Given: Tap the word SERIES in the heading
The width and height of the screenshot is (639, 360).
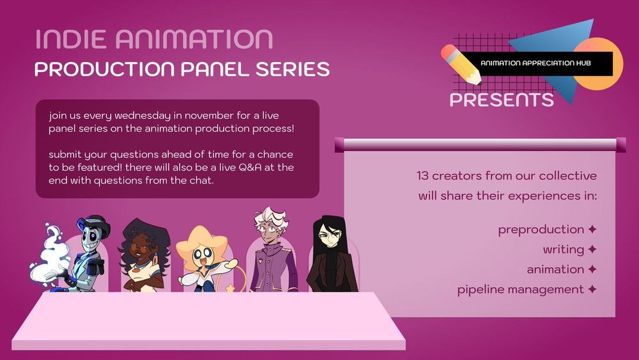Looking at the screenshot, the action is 293,69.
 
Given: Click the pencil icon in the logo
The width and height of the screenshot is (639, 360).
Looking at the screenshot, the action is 461,65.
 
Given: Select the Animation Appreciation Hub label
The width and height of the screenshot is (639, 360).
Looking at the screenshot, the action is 535,63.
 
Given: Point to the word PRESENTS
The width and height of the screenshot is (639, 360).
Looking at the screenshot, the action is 502,100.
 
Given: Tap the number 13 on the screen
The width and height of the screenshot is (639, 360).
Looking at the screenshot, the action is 422,176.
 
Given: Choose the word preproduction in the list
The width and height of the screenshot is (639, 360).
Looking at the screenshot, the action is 541,230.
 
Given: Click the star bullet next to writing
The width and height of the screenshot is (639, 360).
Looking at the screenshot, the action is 592,249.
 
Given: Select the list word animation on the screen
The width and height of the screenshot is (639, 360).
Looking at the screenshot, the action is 555,269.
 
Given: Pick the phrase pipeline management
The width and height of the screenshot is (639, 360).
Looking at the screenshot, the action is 520,290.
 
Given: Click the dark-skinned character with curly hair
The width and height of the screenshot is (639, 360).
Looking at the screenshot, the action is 143,255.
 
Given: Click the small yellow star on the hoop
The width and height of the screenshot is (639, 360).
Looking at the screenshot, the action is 230,288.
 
